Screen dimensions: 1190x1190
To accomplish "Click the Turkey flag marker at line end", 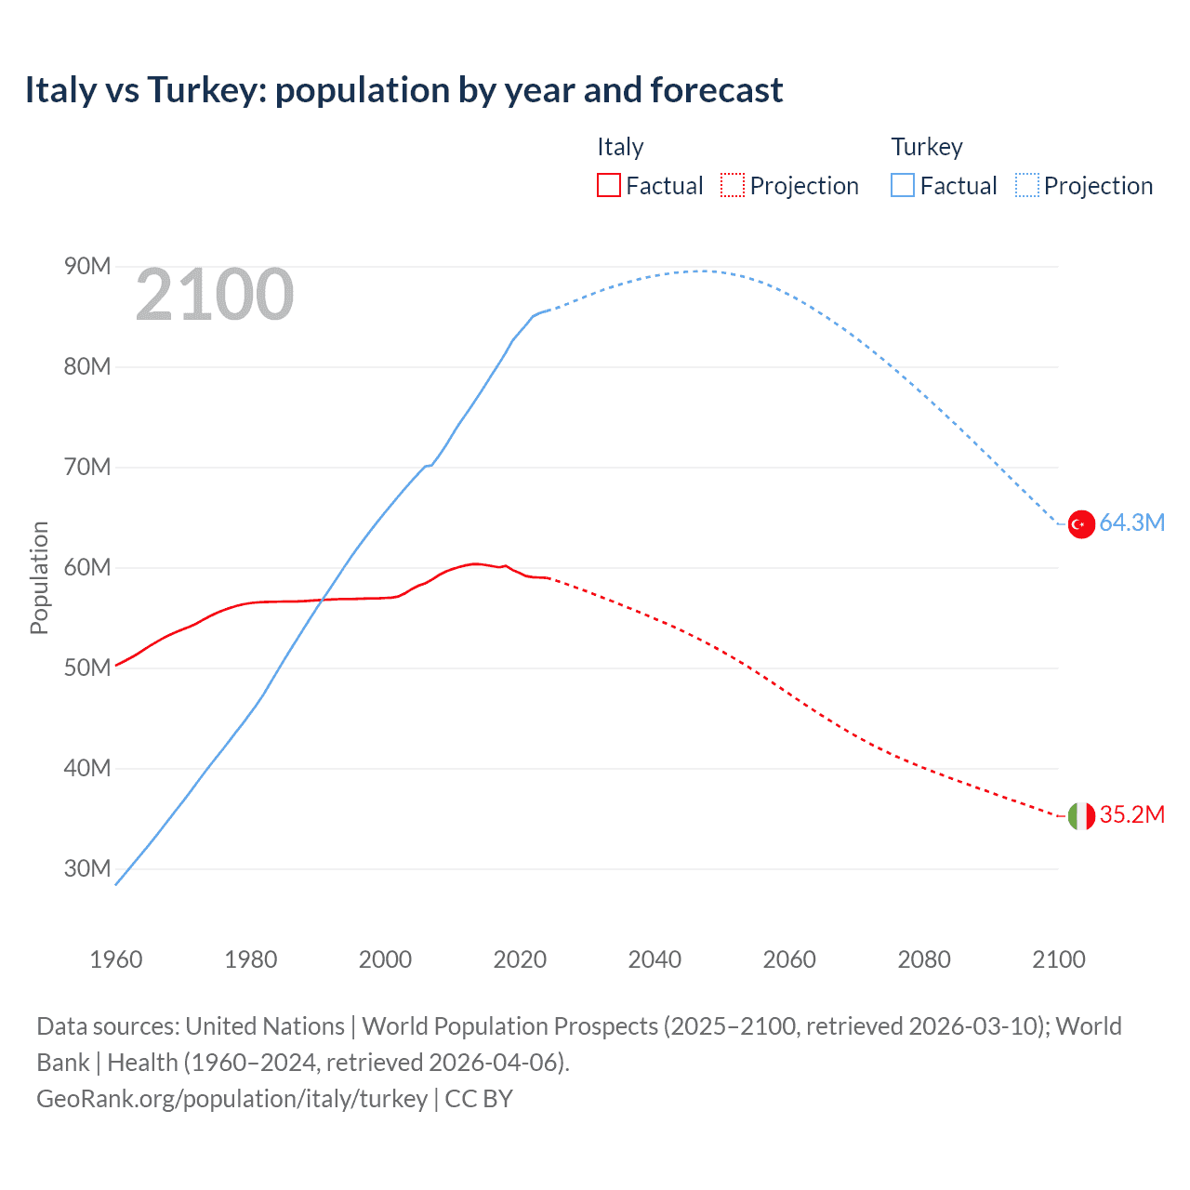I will pos(1080,524).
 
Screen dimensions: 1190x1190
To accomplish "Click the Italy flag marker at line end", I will pos(1080,816).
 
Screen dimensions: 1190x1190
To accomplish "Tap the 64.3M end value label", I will pos(1131,523).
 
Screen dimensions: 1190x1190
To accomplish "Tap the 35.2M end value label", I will pos(1131,815).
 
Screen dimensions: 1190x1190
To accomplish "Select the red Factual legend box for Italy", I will pos(608,186).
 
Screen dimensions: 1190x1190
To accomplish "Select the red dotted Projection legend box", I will pos(733,186).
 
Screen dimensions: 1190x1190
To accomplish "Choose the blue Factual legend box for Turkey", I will pos(903,186).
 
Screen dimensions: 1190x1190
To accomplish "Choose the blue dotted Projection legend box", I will pos(1027,186).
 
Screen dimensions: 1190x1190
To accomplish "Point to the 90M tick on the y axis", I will pos(87,267).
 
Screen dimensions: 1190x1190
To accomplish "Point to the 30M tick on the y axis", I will pos(87,869).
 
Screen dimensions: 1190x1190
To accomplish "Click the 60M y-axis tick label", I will pos(87,568).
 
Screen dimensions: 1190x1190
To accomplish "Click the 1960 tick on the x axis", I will pos(116,959).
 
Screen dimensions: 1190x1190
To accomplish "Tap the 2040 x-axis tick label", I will pos(654,959).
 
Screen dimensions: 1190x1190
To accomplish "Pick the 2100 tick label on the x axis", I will pos(1058,959).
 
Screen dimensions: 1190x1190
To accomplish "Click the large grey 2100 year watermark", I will pos(215,296).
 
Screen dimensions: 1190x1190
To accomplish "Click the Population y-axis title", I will pos(39,577).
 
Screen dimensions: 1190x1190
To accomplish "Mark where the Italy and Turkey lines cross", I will pos(322,600).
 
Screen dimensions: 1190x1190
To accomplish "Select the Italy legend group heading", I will pos(620,147).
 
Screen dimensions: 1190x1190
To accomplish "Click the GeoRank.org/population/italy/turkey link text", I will pos(231,1099).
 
